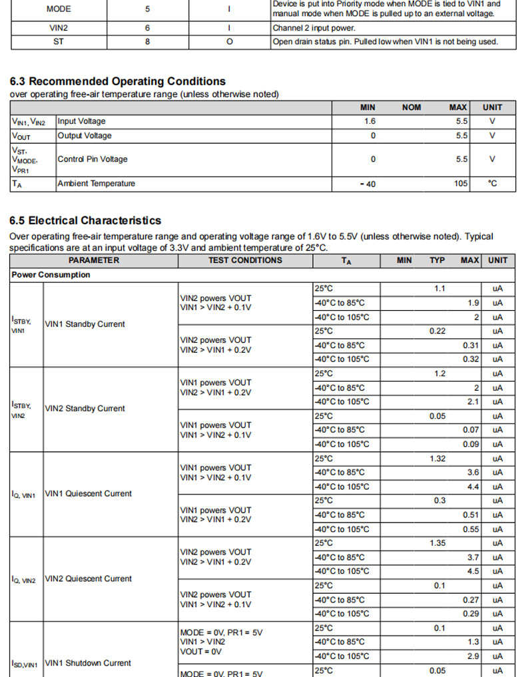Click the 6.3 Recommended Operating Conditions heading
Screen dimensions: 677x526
(117, 81)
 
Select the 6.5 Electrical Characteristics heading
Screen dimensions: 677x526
(85, 220)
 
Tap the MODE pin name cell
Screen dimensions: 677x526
(59, 9)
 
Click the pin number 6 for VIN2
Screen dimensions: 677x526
(147, 28)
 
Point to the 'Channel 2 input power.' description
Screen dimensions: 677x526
(314, 28)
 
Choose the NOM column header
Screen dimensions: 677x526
(411, 107)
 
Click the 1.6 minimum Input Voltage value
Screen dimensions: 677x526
(370, 121)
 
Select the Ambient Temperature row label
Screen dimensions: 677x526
(96, 184)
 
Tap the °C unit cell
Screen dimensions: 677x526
(493, 184)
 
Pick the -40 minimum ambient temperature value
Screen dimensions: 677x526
(368, 184)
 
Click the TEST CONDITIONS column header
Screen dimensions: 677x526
(245, 260)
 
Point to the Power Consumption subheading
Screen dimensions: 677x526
(51, 275)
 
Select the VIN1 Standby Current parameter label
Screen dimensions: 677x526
(85, 324)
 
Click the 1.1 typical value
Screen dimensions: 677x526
(439, 289)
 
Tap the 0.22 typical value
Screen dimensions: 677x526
(437, 331)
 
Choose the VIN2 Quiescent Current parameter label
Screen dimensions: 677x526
(88, 578)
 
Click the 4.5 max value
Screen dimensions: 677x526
(473, 571)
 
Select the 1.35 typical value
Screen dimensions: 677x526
(437, 543)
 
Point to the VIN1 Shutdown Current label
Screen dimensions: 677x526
(88, 663)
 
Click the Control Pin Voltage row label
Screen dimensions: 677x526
(92, 159)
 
